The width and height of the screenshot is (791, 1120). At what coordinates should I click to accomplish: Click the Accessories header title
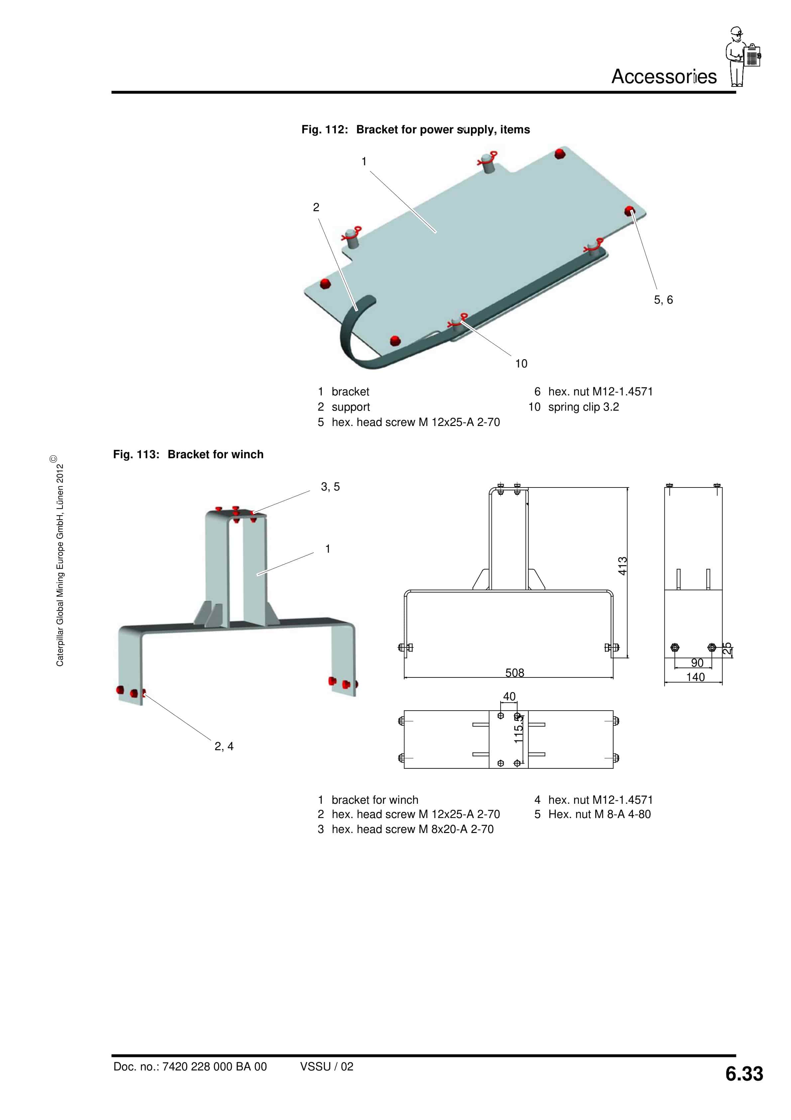(664, 76)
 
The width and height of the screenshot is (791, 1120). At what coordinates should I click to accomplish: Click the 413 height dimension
(623, 566)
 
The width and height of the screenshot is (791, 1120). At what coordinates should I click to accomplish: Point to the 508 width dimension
(514, 673)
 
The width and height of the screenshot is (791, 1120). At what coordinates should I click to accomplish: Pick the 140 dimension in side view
(695, 677)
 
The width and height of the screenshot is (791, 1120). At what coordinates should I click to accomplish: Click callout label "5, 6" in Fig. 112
(663, 300)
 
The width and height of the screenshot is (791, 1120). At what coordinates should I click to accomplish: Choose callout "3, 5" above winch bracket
(330, 487)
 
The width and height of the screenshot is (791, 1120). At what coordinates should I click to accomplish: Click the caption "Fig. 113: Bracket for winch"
(188, 454)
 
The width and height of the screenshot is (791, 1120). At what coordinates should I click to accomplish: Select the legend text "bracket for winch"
(375, 800)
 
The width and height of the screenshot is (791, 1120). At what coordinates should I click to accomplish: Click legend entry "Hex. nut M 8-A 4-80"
(599, 814)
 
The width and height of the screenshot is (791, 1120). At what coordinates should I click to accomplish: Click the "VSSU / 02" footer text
(327, 1066)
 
